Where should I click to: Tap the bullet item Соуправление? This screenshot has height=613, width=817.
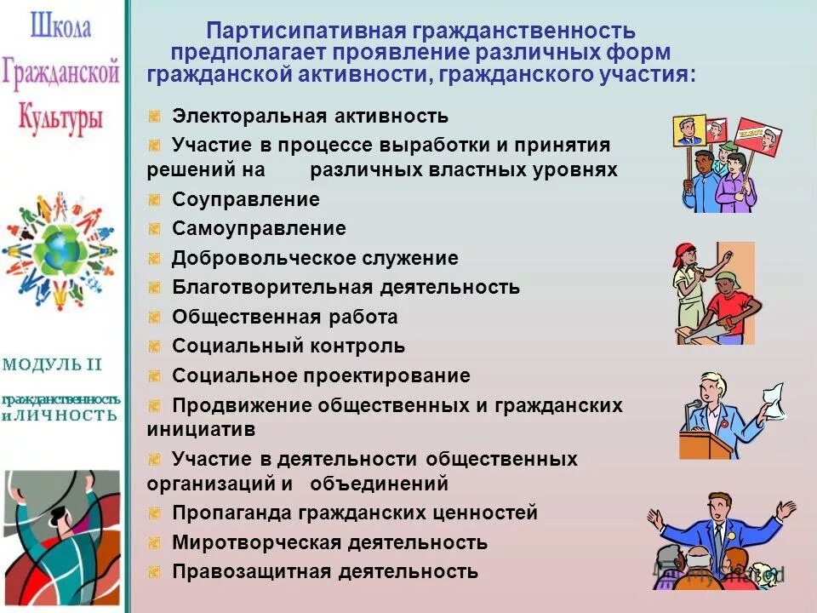[x=246, y=200]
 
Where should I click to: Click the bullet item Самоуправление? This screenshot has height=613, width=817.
[x=259, y=229]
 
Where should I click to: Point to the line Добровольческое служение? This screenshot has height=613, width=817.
[x=315, y=258]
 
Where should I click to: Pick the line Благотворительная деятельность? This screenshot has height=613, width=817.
[x=346, y=287]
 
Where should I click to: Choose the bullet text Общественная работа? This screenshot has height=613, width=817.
[x=285, y=318]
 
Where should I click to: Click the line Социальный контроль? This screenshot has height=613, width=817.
[x=289, y=347]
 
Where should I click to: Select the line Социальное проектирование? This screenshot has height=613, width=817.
[x=321, y=375]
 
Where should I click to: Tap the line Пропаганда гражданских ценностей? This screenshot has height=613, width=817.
[x=355, y=513]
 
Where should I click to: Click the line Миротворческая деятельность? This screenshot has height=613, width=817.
[x=329, y=542]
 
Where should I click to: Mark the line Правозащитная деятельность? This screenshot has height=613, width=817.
[x=325, y=571]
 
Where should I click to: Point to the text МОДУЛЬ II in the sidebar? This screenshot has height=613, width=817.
[x=52, y=365]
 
